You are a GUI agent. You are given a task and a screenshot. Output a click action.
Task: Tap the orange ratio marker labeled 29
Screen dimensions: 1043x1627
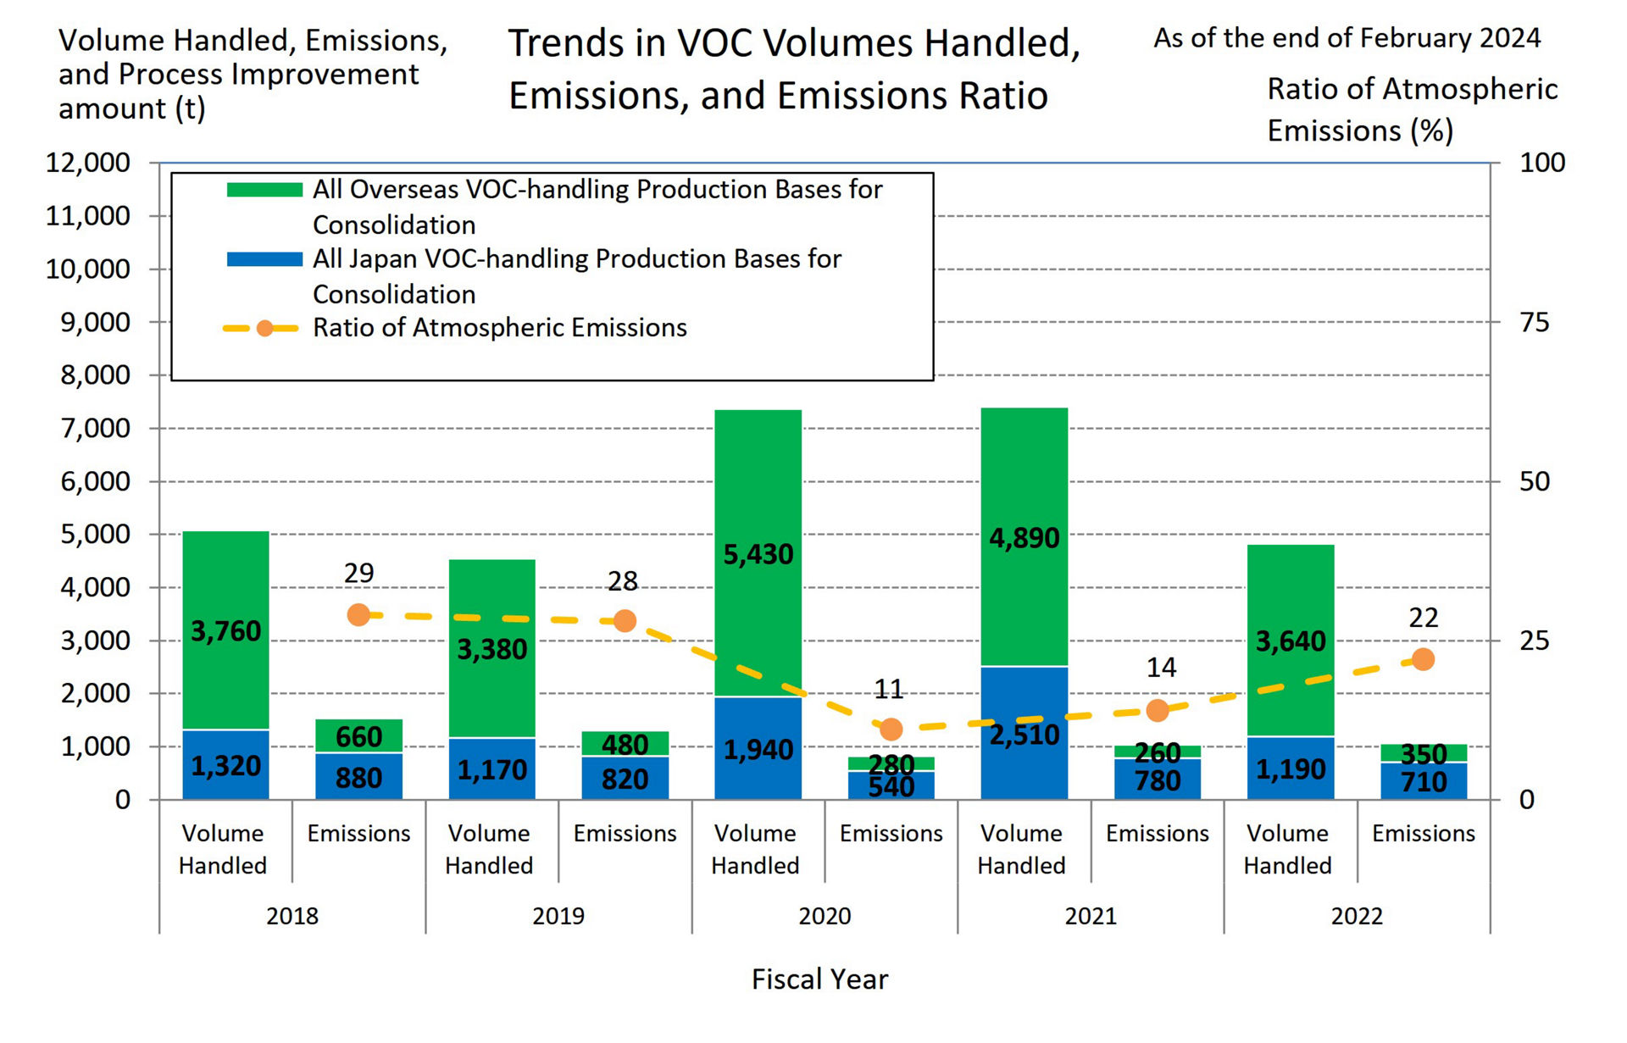[x=358, y=615]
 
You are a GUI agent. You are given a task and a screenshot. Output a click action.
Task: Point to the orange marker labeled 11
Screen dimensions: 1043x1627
[x=891, y=730]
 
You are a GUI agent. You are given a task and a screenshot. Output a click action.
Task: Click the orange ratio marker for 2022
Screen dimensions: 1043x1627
[x=1423, y=659]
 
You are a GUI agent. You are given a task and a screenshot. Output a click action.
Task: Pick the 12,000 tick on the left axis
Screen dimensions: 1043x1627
[x=88, y=163]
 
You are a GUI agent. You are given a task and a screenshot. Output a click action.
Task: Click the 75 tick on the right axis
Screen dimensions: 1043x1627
[x=1534, y=322]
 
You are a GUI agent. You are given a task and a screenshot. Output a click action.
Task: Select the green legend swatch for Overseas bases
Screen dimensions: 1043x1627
[x=264, y=190]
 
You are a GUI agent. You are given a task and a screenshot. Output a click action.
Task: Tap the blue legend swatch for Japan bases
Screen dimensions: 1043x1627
[x=264, y=259]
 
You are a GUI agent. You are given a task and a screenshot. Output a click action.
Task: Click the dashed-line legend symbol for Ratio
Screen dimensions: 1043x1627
[x=264, y=329]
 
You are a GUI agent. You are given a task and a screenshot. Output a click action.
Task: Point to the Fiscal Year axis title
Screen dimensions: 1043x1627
[x=819, y=979]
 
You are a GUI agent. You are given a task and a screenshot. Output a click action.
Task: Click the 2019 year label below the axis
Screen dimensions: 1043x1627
[x=558, y=916]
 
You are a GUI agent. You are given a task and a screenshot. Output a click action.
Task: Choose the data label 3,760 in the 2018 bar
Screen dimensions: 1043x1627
[x=225, y=631]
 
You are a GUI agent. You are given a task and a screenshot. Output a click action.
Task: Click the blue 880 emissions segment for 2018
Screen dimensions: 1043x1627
[x=358, y=778]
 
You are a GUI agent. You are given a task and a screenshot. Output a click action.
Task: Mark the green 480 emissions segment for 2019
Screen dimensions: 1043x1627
[x=625, y=744]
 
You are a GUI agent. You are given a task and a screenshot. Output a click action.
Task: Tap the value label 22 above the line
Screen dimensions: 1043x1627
[x=1423, y=618]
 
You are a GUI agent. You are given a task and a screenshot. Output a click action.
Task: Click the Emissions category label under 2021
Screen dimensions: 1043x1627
[x=1157, y=834]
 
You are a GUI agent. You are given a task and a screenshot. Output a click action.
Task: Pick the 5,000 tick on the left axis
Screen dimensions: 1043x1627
[x=95, y=535]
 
